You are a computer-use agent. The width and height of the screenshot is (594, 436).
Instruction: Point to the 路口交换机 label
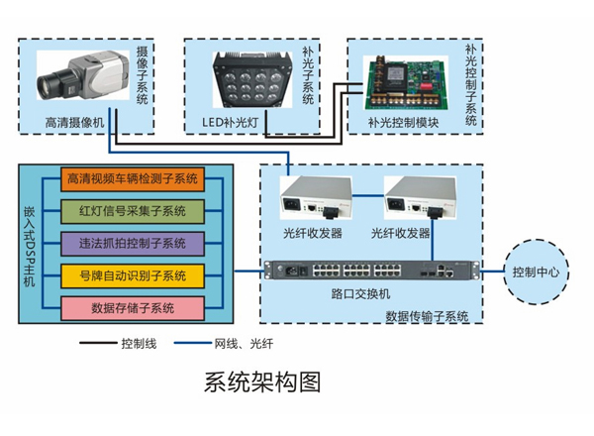point(361,294)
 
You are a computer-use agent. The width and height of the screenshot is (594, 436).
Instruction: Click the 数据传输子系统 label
point(427,317)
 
